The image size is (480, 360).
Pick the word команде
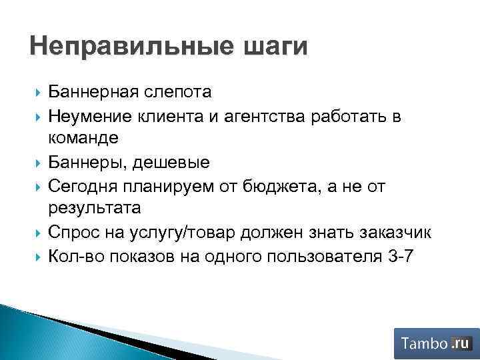coord(84,138)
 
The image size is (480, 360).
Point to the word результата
coord(95,208)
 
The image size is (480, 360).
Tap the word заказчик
coord(395,231)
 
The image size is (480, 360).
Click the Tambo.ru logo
coord(436,344)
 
